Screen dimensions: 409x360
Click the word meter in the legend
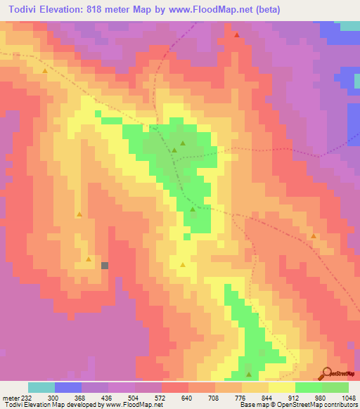(x=11, y=397)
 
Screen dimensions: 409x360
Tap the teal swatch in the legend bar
(x=41, y=387)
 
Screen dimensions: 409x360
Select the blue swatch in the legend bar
(x=68, y=387)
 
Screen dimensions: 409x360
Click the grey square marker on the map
(x=105, y=266)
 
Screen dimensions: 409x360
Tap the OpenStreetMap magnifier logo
(x=327, y=373)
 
